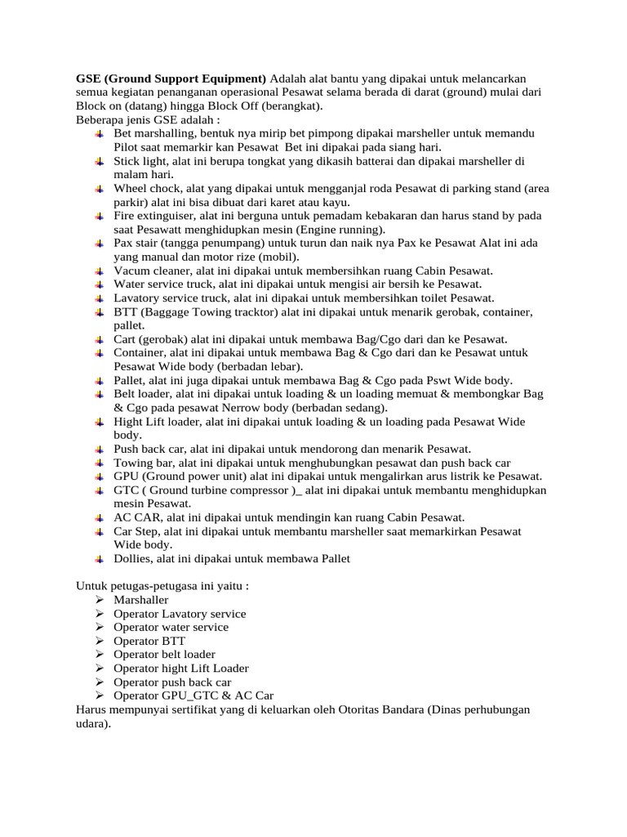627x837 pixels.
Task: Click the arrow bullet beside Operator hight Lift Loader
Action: coord(99,669)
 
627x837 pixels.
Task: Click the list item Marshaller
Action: coord(141,600)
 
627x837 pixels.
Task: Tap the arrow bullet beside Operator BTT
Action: coord(99,642)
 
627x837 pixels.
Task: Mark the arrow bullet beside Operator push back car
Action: coord(99,683)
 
